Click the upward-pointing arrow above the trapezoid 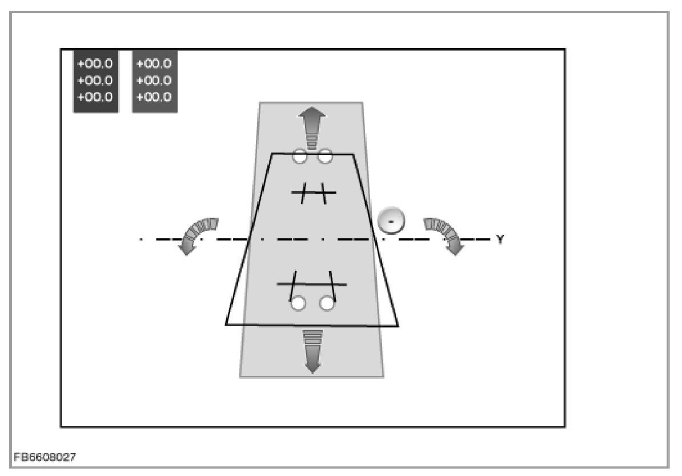coord(312,129)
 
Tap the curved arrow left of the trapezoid coord(197,234)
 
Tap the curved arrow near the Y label coord(446,234)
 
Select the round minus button coord(391,221)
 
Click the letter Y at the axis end coord(500,239)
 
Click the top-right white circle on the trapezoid coord(325,155)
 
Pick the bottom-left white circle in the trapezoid coord(298,303)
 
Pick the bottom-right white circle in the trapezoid coord(327,303)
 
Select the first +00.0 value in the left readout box coord(95,63)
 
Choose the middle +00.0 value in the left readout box coord(95,80)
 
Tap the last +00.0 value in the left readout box coord(95,97)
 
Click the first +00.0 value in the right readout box coord(154,63)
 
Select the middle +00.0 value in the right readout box coord(154,80)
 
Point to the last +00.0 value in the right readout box coord(154,97)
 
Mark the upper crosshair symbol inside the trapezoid coord(314,193)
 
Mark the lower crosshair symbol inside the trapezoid coord(312,283)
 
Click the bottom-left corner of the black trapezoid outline coord(227,324)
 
